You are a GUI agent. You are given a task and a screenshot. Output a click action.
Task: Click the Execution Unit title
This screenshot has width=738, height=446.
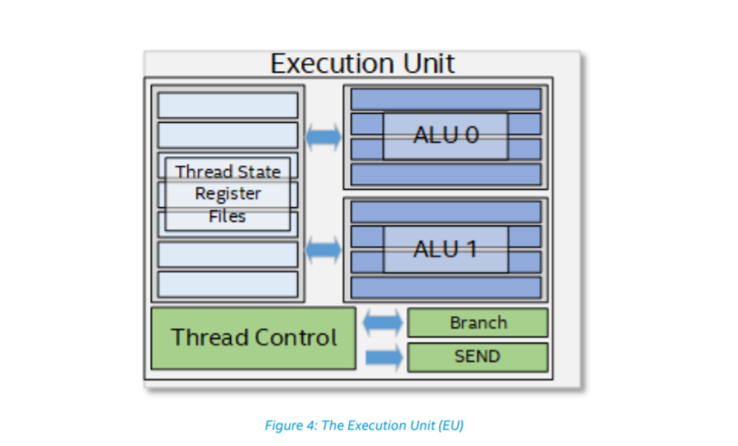[x=363, y=64]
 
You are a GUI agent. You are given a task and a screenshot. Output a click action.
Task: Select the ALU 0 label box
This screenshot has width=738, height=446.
[x=444, y=135]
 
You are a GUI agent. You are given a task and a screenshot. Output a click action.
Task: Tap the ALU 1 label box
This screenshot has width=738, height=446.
[x=444, y=249]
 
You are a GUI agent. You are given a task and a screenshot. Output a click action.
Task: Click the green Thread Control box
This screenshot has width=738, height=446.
[x=253, y=338]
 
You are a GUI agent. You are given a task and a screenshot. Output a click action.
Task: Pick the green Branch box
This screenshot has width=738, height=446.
[x=477, y=322]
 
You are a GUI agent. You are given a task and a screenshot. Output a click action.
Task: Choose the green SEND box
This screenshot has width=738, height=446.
[x=477, y=356]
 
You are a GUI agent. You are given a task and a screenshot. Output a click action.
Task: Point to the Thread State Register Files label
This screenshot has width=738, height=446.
[x=227, y=193]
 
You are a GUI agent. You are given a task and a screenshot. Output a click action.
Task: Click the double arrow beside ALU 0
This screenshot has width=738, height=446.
[x=323, y=137]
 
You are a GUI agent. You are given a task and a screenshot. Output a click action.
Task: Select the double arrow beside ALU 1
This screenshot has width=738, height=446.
[x=323, y=250]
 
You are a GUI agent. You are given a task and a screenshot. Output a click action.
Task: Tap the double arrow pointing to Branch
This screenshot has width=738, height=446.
[x=382, y=322]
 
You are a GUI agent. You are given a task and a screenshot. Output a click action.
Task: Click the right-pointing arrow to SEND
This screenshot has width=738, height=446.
[x=382, y=356]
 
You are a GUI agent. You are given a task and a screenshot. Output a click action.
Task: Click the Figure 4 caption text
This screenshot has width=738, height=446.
[x=364, y=425]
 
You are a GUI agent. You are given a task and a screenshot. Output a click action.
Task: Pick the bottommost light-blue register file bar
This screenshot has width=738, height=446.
[x=227, y=284]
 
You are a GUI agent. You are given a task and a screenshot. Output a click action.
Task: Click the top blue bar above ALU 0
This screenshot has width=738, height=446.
[x=444, y=98]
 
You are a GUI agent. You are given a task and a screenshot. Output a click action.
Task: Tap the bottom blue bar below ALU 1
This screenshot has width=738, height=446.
[x=444, y=287]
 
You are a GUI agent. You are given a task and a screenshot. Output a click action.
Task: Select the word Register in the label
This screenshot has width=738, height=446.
[x=227, y=193]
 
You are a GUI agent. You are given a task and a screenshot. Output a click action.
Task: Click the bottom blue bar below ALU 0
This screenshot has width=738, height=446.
[x=444, y=173]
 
